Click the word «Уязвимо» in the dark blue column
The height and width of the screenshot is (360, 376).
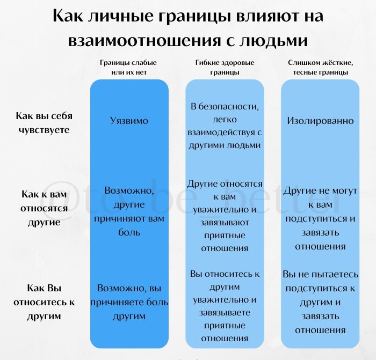pyautogui.click(x=129, y=121)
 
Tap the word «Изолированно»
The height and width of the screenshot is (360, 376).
pyautogui.click(x=320, y=121)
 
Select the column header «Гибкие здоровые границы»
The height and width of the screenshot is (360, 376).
pyautogui.click(x=225, y=67)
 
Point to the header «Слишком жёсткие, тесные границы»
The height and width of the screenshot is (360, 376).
pyautogui.click(x=320, y=67)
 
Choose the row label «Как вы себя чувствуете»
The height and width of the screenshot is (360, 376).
pyautogui.click(x=45, y=123)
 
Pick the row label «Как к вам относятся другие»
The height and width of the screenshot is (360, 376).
pyautogui.click(x=45, y=207)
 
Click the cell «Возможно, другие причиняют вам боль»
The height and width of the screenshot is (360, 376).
pyautogui.click(x=129, y=211)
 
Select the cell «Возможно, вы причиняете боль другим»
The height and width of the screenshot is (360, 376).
pyautogui.click(x=129, y=302)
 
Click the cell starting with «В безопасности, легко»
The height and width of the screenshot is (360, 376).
pyautogui.click(x=225, y=126)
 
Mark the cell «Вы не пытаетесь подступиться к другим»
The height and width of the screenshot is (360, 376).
pyautogui.click(x=320, y=302)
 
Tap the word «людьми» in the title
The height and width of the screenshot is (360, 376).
pyautogui.click(x=272, y=41)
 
